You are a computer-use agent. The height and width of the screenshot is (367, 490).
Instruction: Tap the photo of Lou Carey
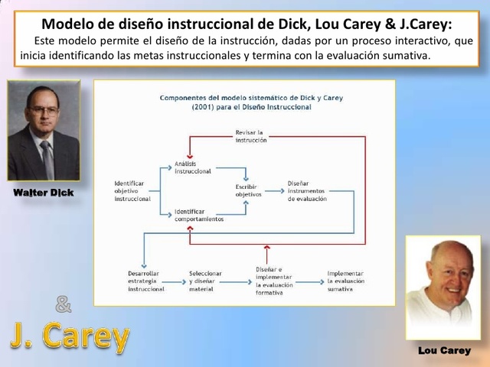(x=443, y=287)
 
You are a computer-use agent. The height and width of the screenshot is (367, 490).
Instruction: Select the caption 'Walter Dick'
(x=44, y=193)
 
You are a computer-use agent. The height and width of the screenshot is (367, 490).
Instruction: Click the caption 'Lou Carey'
(x=444, y=350)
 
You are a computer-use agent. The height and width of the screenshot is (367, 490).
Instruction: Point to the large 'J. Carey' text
(x=70, y=335)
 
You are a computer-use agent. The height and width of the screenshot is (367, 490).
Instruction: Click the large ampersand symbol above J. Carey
(x=64, y=304)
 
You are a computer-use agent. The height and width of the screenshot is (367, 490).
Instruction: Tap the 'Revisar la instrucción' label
(x=251, y=136)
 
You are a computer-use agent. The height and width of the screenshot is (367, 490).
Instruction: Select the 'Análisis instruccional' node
(x=192, y=167)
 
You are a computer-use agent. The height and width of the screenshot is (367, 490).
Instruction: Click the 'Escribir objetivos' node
(x=248, y=190)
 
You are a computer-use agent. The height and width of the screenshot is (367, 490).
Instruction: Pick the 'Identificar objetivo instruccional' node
(x=132, y=190)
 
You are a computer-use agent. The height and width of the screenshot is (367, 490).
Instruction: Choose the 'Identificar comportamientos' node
(x=198, y=215)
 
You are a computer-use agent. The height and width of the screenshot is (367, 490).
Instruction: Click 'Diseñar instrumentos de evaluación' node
(x=306, y=190)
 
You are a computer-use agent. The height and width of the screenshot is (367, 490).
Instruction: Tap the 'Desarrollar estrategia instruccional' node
(x=145, y=281)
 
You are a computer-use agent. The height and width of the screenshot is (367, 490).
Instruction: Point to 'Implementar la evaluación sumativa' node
(x=345, y=281)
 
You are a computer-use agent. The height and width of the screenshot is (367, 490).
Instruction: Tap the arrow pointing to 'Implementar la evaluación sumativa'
(x=309, y=281)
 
